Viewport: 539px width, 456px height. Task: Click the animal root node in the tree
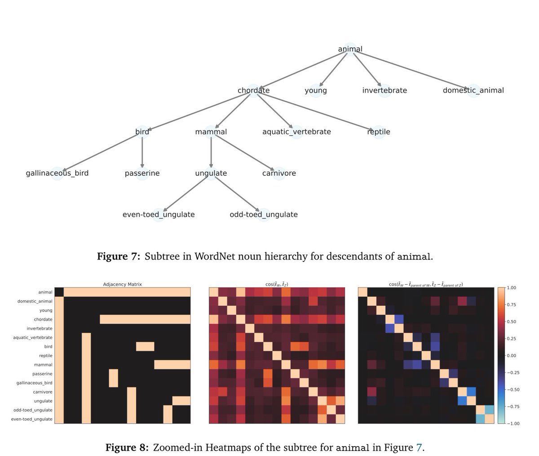350,49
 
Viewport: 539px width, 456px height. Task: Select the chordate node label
253,90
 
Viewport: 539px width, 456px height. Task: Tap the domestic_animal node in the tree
473,90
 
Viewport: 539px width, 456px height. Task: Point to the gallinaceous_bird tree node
57,173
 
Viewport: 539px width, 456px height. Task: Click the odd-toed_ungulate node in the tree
264,215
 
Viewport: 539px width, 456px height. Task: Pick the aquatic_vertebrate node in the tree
296,132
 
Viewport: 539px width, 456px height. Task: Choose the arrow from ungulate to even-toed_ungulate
186,193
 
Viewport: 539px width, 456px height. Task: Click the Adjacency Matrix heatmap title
123,284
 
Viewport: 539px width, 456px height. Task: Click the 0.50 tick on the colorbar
511,322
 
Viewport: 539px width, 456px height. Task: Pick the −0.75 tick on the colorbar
512,406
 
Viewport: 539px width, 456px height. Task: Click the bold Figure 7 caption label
119,257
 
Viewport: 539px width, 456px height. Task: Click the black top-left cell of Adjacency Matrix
59,292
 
